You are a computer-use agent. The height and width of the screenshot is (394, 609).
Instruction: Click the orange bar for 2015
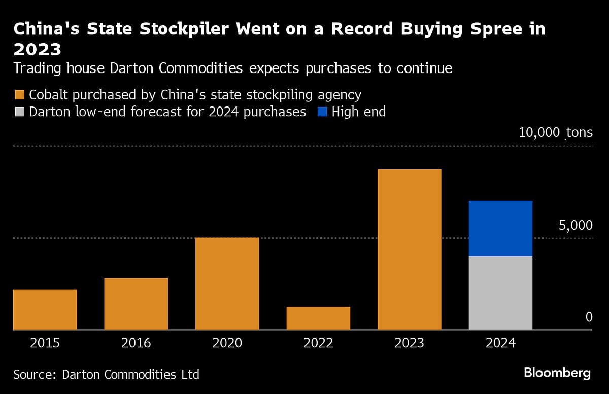(45, 309)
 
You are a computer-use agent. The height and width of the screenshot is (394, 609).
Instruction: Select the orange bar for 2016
(136, 304)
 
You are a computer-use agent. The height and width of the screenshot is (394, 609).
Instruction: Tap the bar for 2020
(227, 283)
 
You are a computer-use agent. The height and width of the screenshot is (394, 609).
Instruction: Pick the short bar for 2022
(318, 318)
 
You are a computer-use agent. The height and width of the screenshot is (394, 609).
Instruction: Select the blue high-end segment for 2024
(500, 228)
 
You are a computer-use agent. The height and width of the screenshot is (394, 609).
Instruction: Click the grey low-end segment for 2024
(500, 293)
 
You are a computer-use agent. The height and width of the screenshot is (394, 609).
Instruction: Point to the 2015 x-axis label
(45, 343)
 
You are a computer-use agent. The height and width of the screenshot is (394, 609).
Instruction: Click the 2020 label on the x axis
(227, 343)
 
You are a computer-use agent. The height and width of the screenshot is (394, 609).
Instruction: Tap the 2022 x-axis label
(318, 343)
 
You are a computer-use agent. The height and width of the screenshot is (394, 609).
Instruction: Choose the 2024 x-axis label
(500, 343)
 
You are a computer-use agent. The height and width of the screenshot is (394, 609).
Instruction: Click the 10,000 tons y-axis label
(555, 133)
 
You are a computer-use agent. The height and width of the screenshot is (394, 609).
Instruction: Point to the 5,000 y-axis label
(575, 225)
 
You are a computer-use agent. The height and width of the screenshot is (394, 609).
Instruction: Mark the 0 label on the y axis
(589, 317)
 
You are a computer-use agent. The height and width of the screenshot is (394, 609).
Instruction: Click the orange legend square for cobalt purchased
(20, 95)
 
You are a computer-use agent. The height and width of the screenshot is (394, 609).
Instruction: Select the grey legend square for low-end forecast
(20, 112)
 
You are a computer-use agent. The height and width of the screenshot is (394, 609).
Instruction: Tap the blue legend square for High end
(322, 112)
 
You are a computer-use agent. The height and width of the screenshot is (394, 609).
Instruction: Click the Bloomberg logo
(557, 374)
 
